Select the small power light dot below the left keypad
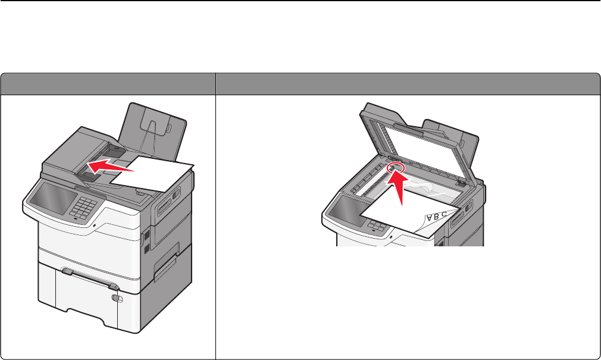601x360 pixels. pyautogui.click(x=94, y=226)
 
